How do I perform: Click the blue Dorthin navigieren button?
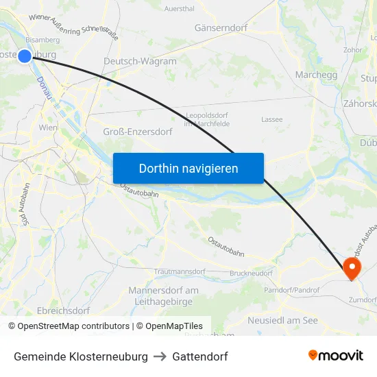tap(188, 168)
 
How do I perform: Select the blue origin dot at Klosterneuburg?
tap(25, 56)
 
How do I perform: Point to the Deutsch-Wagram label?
tap(140, 61)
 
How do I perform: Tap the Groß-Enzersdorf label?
tap(137, 131)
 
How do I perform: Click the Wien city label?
tap(49, 127)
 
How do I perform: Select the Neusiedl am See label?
tap(282, 320)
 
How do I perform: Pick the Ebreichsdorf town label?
tap(63, 311)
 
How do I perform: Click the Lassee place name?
tap(271, 119)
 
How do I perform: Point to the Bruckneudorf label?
tap(251, 273)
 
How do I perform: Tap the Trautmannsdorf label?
tap(180, 272)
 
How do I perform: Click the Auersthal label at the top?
tap(179, 10)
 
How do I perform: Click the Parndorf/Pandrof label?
tap(292, 290)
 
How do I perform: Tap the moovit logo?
tap(336, 355)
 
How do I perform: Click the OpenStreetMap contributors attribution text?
tap(73, 326)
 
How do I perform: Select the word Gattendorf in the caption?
tap(200, 356)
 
